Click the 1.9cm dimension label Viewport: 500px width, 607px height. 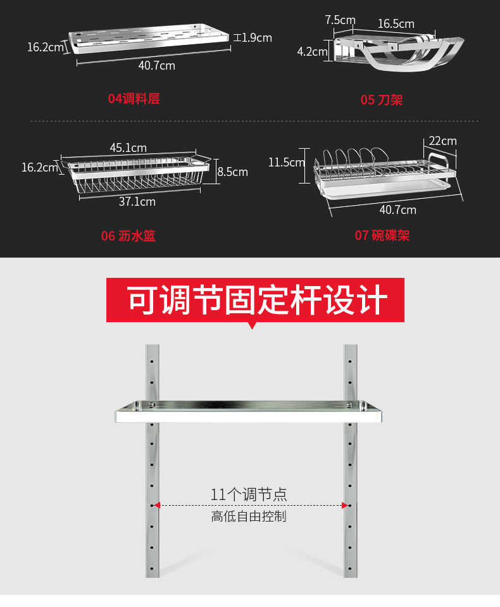click(x=256, y=38)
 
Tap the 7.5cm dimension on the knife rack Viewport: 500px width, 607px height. click(x=340, y=20)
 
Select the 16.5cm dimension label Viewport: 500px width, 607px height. click(x=396, y=24)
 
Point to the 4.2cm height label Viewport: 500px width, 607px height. click(x=312, y=51)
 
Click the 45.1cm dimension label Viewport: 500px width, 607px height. click(x=128, y=148)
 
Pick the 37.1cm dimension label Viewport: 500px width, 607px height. click(x=137, y=202)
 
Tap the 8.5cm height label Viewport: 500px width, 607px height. click(x=233, y=172)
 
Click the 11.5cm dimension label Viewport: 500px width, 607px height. click(x=286, y=163)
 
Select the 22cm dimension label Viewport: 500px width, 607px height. click(x=442, y=141)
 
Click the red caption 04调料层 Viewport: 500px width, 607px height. click(x=134, y=99)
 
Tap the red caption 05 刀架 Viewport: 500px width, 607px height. click(x=382, y=100)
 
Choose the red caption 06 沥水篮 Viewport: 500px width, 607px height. click(x=128, y=236)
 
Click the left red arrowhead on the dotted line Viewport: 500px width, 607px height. click(x=157, y=505)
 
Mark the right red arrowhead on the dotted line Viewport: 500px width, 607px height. click(x=345, y=505)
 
